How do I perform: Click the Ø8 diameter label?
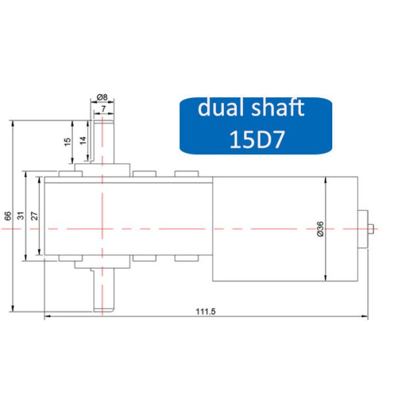click(x=102, y=98)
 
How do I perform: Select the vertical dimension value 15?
click(x=68, y=142)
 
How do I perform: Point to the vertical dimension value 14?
click(x=83, y=141)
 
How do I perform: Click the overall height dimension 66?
click(x=8, y=216)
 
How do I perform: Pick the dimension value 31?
click(x=21, y=216)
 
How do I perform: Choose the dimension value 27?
click(x=35, y=216)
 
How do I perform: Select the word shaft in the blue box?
click(x=276, y=108)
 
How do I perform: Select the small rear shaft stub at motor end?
click(x=372, y=229)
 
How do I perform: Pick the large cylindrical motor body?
click(x=282, y=229)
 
